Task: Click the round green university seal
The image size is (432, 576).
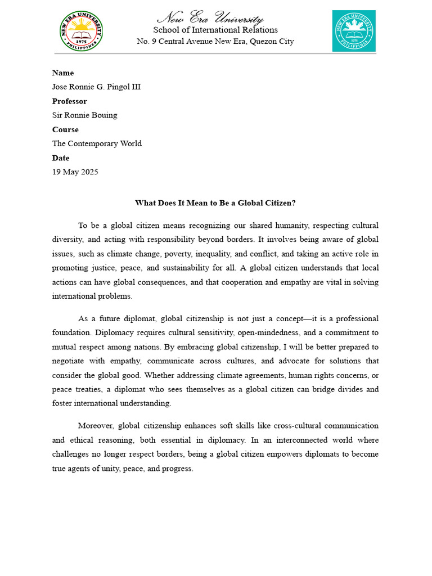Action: (x=81, y=31)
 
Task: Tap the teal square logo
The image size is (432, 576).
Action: (x=353, y=31)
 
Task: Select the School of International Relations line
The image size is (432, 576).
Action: (x=215, y=30)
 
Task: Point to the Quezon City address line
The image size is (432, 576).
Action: (x=215, y=42)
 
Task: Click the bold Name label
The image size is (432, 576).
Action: (x=63, y=73)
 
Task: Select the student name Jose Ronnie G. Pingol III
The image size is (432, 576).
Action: (x=96, y=87)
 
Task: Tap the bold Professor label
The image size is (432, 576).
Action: (x=70, y=101)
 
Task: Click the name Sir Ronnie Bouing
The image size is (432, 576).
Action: (x=85, y=115)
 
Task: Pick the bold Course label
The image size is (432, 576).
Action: (x=65, y=129)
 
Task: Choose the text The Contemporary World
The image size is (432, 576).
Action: (x=97, y=143)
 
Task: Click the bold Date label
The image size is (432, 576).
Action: (x=61, y=158)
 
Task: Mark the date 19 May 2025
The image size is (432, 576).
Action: (x=75, y=172)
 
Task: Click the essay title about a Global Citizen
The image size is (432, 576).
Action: (x=215, y=203)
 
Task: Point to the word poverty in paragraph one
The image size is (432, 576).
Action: (x=178, y=254)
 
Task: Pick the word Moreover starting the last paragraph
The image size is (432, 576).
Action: (x=96, y=426)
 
